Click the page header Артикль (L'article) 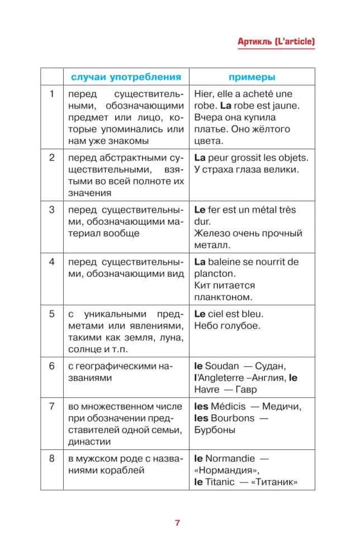coord(276,42)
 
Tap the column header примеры coord(252,77)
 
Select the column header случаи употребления coord(125,77)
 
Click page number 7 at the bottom coord(177,523)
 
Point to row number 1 coord(52,94)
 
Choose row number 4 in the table coord(52,262)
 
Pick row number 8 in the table coord(52,458)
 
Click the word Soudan coord(222,366)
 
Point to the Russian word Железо coord(212,233)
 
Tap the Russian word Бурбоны coord(215,430)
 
